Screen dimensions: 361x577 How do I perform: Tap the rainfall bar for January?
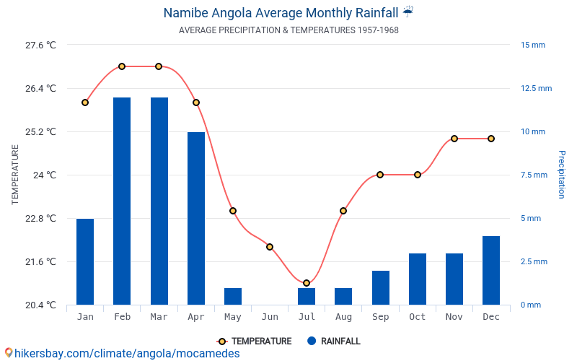click(x=85, y=261)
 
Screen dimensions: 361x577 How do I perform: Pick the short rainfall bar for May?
click(x=233, y=296)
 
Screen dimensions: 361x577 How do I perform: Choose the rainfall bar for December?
click(x=491, y=270)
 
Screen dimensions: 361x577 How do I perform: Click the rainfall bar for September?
click(x=381, y=287)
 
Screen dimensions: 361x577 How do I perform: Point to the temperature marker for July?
click(x=307, y=283)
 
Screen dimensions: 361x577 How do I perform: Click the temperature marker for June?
click(x=270, y=247)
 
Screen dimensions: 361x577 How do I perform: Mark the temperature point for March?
click(x=159, y=66)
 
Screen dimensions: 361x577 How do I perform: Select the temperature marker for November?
click(x=454, y=139)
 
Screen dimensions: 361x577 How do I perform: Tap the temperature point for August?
click(x=343, y=211)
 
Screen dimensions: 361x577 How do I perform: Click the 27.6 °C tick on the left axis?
click(x=40, y=45)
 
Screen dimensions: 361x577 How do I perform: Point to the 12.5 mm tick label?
click(x=536, y=88)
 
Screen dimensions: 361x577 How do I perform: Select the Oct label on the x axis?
click(x=418, y=317)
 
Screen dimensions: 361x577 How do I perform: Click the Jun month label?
click(x=270, y=317)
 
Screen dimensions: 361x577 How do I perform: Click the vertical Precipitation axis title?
click(x=562, y=175)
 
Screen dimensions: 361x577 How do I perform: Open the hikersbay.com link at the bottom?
click(x=123, y=354)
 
